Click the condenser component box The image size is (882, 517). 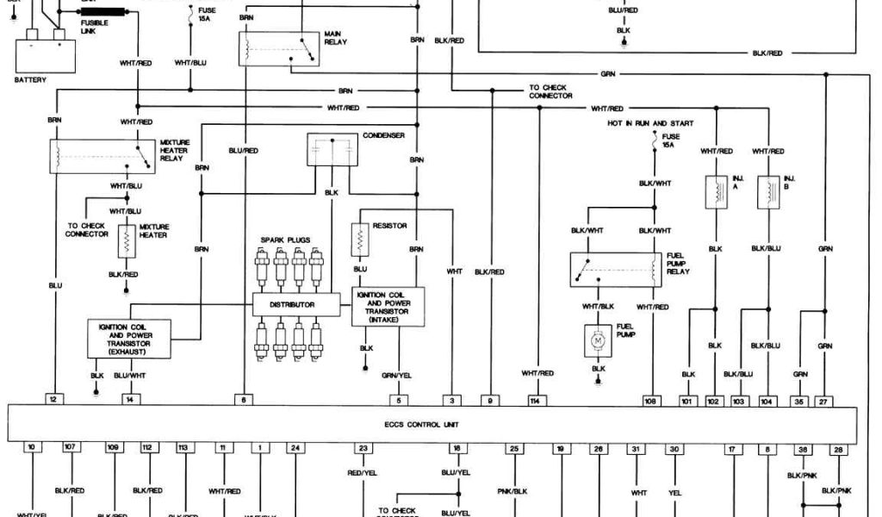pos(332,150)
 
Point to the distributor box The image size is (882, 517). pos(290,304)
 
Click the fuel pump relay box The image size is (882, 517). pos(615,270)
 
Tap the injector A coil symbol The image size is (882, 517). pos(715,191)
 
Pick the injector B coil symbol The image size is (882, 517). pos(765,191)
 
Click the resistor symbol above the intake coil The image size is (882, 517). pos(360,240)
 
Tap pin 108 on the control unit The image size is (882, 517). pos(652,400)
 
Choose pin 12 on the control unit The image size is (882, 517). pos(54,400)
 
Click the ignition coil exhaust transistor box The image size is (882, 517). pos(129,338)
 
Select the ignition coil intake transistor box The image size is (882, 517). pos(388,307)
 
